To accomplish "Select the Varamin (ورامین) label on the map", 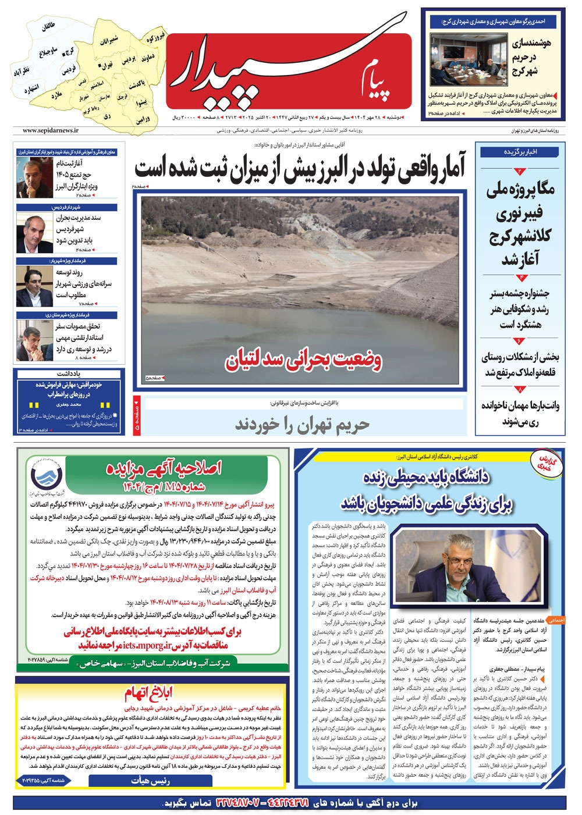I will point(143,119).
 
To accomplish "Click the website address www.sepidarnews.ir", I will point(51,131).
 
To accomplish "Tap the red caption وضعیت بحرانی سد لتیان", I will point(304,361).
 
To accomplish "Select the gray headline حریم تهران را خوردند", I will point(303,425).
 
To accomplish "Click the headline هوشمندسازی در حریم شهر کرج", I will point(531,57).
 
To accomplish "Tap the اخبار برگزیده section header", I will point(520,152).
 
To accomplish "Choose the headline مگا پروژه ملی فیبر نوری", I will point(520,224).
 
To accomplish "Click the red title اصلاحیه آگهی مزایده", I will point(164,468).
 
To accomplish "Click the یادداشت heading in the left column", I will point(69,373).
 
